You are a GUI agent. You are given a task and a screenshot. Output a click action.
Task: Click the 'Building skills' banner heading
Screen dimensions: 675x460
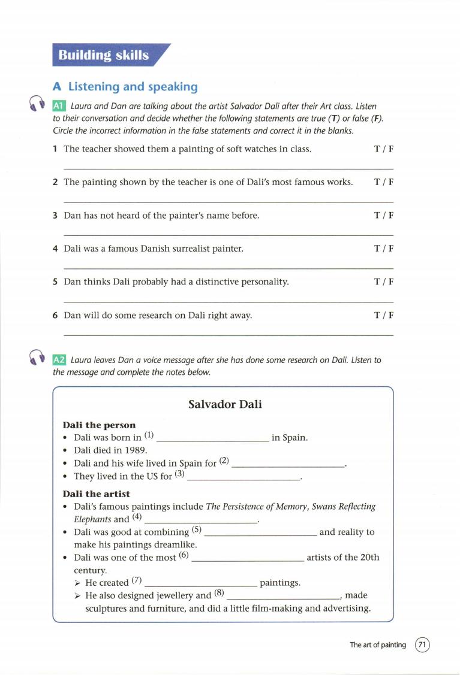tap(103, 56)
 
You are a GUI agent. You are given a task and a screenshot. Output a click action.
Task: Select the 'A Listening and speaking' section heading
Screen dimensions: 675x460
tap(125, 87)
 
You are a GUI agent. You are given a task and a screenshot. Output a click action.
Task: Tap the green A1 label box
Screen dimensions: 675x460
tap(59, 106)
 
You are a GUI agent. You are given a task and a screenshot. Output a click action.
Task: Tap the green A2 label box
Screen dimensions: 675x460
tap(59, 360)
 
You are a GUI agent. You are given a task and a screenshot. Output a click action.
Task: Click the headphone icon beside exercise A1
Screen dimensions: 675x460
tap(36, 105)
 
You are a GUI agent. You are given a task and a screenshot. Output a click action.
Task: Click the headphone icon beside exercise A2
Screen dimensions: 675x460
tap(36, 358)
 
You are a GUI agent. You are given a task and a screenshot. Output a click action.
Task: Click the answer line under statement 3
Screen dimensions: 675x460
tap(228, 235)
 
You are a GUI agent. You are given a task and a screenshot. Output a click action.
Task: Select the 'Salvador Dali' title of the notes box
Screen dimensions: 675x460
tap(225, 404)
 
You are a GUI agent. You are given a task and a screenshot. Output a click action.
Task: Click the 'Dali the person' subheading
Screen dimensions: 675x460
tap(99, 425)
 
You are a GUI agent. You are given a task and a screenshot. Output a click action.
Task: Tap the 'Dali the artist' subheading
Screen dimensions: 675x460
tap(96, 494)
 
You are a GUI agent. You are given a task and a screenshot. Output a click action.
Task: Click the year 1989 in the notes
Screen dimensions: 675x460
tap(136, 450)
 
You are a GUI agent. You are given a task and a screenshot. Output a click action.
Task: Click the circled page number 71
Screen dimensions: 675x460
tap(422, 645)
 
